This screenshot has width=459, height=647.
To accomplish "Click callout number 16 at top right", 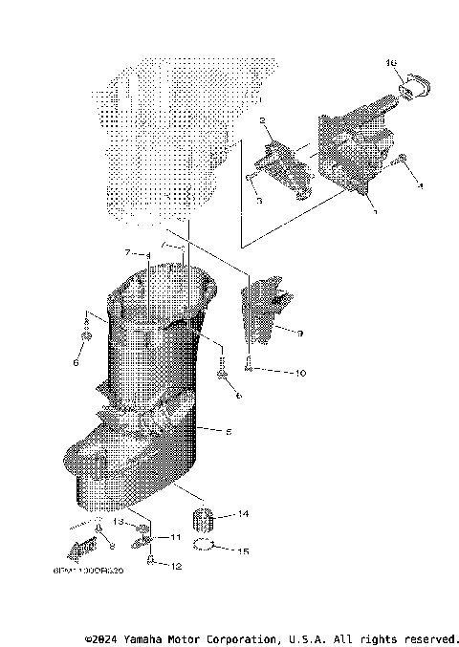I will tap(391, 63).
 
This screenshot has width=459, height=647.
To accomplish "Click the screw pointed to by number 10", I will tap(248, 362).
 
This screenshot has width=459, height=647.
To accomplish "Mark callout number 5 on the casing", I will tap(228, 432).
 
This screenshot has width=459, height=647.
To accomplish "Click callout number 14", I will tap(243, 515).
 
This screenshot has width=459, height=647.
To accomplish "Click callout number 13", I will tap(121, 523).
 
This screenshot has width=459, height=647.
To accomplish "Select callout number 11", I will tap(175, 539).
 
